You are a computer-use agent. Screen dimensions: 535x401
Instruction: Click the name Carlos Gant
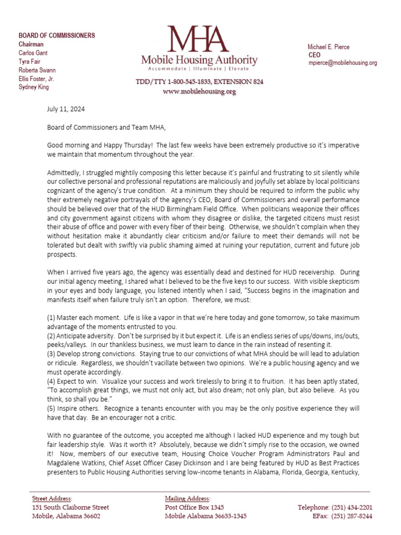click(33, 53)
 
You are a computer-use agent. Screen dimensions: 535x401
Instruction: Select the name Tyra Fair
click(30, 61)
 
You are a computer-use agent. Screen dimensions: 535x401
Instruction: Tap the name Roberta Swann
click(37, 70)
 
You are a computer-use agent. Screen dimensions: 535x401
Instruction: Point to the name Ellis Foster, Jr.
click(36, 78)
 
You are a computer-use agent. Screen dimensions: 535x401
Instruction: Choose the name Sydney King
click(33, 87)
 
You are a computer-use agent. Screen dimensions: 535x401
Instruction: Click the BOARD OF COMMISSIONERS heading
click(57, 36)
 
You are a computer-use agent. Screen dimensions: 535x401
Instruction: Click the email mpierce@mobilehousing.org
click(342, 63)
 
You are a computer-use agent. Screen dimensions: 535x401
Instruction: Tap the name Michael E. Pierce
click(328, 47)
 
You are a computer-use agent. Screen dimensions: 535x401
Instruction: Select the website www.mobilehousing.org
click(199, 91)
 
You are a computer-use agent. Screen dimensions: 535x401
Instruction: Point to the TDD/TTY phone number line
click(199, 82)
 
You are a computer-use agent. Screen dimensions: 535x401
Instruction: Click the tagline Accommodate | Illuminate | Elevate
click(199, 68)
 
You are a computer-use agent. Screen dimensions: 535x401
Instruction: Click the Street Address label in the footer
click(52, 498)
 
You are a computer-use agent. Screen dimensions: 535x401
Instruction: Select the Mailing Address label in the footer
click(188, 498)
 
